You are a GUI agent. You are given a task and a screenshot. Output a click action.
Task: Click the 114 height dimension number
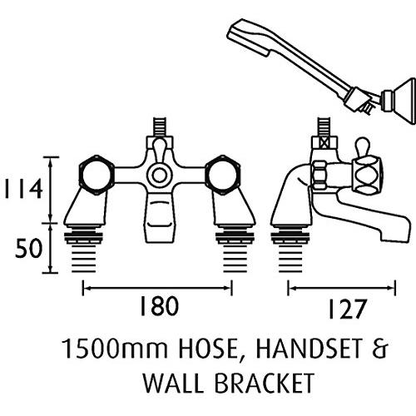[23, 189]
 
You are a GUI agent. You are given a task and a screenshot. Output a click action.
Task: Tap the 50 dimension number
[28, 248]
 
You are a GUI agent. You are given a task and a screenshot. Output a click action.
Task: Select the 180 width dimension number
[159, 306]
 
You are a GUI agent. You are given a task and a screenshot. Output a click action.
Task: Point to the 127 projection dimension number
[346, 309]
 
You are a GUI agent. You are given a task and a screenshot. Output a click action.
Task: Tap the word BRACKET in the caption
[265, 383]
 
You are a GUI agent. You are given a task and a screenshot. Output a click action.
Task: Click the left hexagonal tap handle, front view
[97, 175]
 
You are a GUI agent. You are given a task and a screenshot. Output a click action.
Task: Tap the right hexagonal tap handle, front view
[223, 175]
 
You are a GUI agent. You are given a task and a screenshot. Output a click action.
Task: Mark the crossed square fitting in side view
[323, 143]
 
